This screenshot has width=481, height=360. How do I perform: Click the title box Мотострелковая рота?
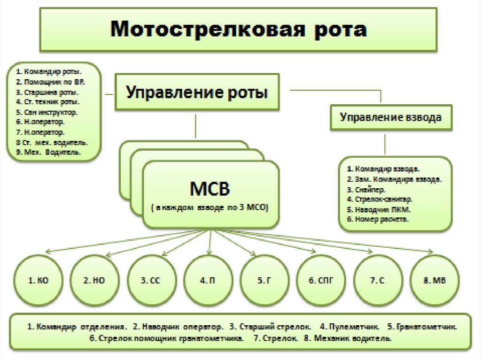pyautogui.click(x=239, y=29)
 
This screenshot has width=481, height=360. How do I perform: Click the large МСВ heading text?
pyautogui.click(x=209, y=190)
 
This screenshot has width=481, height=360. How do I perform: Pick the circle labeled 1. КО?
pyautogui.click(x=39, y=281)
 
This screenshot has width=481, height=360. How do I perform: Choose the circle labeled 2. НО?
pyautogui.click(x=94, y=281)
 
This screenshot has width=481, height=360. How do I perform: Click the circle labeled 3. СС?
pyautogui.click(x=152, y=281)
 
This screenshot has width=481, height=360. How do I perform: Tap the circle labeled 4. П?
pyautogui.click(x=208, y=281)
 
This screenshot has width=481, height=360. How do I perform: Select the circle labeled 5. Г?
pyautogui.click(x=265, y=281)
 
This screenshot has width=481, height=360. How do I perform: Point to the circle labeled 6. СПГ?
pyautogui.click(x=322, y=281)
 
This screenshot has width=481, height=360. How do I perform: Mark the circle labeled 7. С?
pyautogui.click(x=378, y=281)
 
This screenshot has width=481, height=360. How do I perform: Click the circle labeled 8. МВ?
pyautogui.click(x=434, y=281)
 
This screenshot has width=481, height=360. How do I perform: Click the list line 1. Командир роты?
pyautogui.click(x=48, y=72)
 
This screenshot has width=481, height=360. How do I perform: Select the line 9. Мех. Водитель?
pyautogui.click(x=47, y=153)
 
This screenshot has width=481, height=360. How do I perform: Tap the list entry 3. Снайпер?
pyautogui.click(x=366, y=190)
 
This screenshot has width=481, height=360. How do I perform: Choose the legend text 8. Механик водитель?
pyautogui.click(x=352, y=338)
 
